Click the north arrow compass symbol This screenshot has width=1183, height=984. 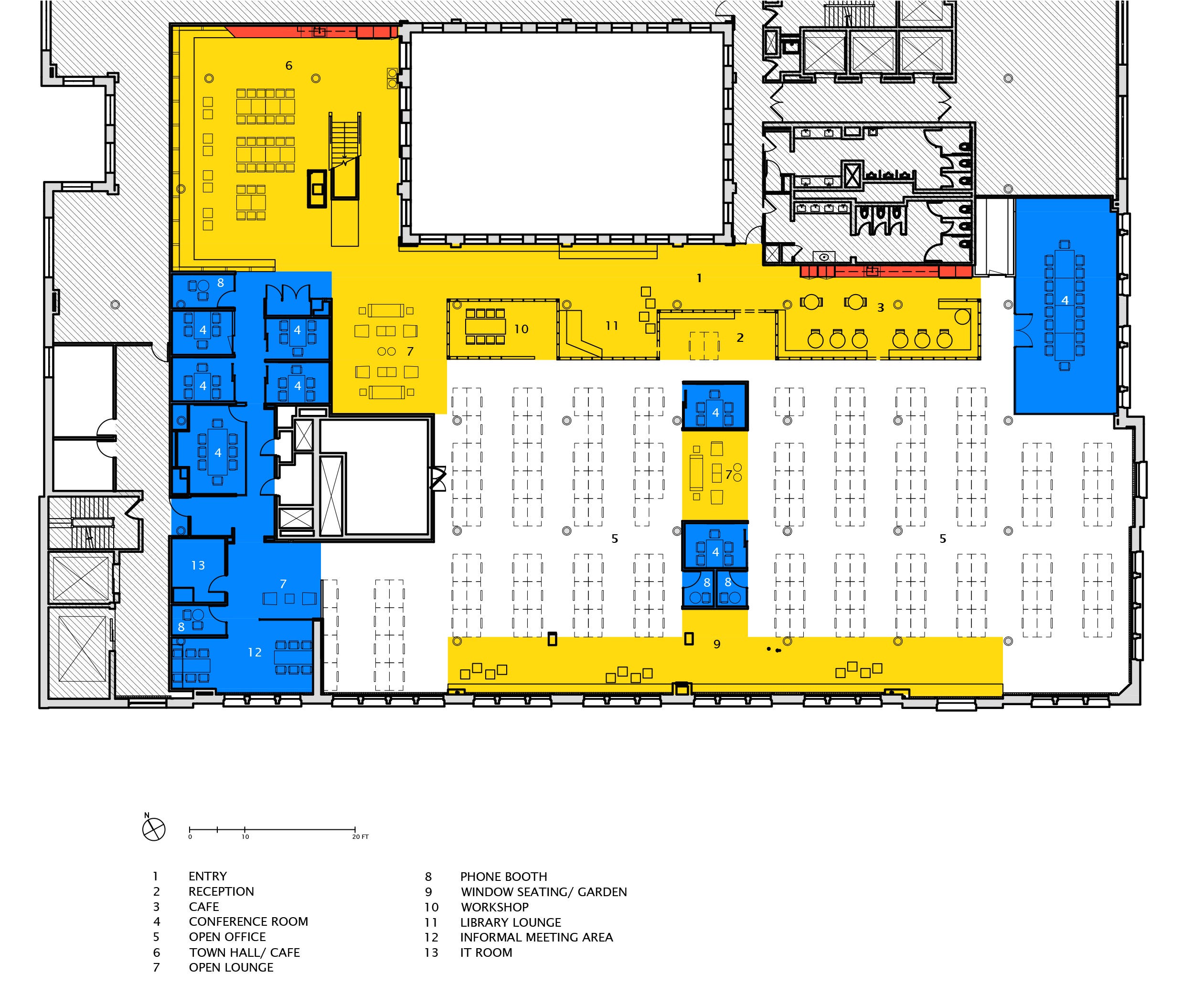(154, 829)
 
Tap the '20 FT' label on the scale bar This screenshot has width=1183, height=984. (361, 837)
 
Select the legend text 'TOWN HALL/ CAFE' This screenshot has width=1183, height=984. (245, 952)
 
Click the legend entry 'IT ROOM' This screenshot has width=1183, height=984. (486, 952)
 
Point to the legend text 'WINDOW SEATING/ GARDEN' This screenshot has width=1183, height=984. (544, 892)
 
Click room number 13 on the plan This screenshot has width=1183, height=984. (198, 565)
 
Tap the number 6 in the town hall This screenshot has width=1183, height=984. (289, 66)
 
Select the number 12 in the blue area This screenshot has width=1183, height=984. (255, 652)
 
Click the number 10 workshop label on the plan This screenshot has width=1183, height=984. (521, 329)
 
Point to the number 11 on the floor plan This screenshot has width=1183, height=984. (612, 326)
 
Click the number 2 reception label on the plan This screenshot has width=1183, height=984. (740, 338)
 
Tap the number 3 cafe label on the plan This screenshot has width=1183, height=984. (881, 307)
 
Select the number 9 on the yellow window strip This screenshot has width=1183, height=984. (716, 644)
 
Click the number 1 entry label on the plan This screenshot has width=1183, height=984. (699, 278)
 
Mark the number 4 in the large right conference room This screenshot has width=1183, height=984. (1065, 300)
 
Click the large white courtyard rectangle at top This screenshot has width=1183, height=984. (567, 133)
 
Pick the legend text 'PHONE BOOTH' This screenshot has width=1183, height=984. (503, 877)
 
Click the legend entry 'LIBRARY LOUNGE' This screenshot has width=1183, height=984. (511, 922)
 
